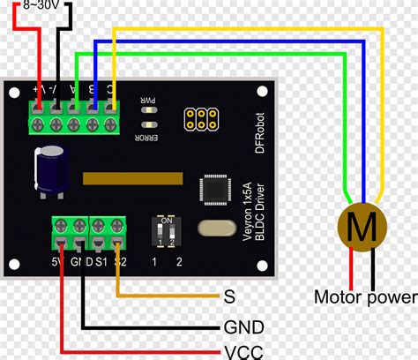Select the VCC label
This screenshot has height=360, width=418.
[x=243, y=350]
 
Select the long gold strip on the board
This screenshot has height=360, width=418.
[x=132, y=179]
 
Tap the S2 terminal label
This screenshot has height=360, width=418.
[x=120, y=262]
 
